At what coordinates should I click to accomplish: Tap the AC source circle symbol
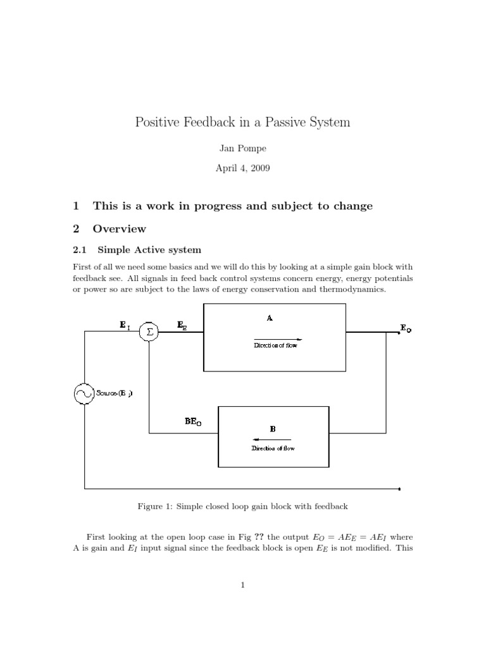[84, 394]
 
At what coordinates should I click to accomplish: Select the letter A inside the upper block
[270, 319]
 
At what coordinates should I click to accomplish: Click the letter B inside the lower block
[273, 428]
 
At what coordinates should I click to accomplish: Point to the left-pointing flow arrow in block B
[271, 439]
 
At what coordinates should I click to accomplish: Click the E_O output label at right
[406, 328]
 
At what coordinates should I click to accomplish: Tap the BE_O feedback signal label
[194, 420]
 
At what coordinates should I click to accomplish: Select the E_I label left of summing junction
[125, 326]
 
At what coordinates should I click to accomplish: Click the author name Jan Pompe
[243, 147]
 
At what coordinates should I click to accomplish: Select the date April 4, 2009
[243, 169]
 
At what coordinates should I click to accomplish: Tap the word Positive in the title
[158, 121]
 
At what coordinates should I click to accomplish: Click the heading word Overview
[120, 228]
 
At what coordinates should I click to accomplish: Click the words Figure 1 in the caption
[154, 507]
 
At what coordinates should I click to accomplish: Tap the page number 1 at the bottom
[243, 585]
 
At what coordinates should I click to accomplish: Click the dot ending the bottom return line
[400, 489]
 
